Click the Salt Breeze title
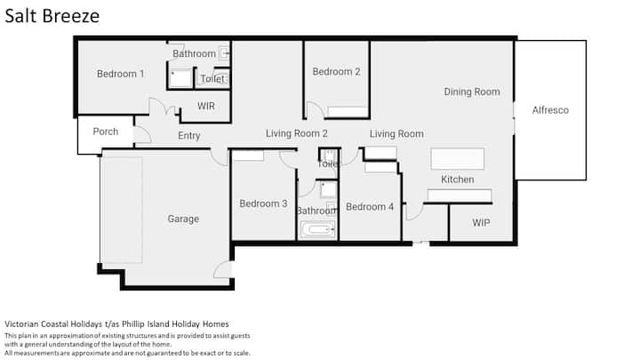[x=52, y=16]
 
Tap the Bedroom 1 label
[x=120, y=74]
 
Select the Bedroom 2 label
[x=336, y=72]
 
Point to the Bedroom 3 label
[x=263, y=204]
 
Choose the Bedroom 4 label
[x=370, y=207]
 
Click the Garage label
[x=183, y=220]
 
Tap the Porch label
[x=105, y=132]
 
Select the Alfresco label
[x=550, y=110]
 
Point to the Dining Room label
[x=472, y=92]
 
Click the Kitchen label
[x=458, y=180]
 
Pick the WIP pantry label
[x=481, y=223]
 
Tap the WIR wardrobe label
[x=205, y=106]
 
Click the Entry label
[x=189, y=136]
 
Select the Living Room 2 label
[x=297, y=133]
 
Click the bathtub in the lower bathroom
[x=318, y=229]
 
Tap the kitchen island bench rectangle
[x=458, y=159]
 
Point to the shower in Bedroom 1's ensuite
[x=180, y=78]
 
